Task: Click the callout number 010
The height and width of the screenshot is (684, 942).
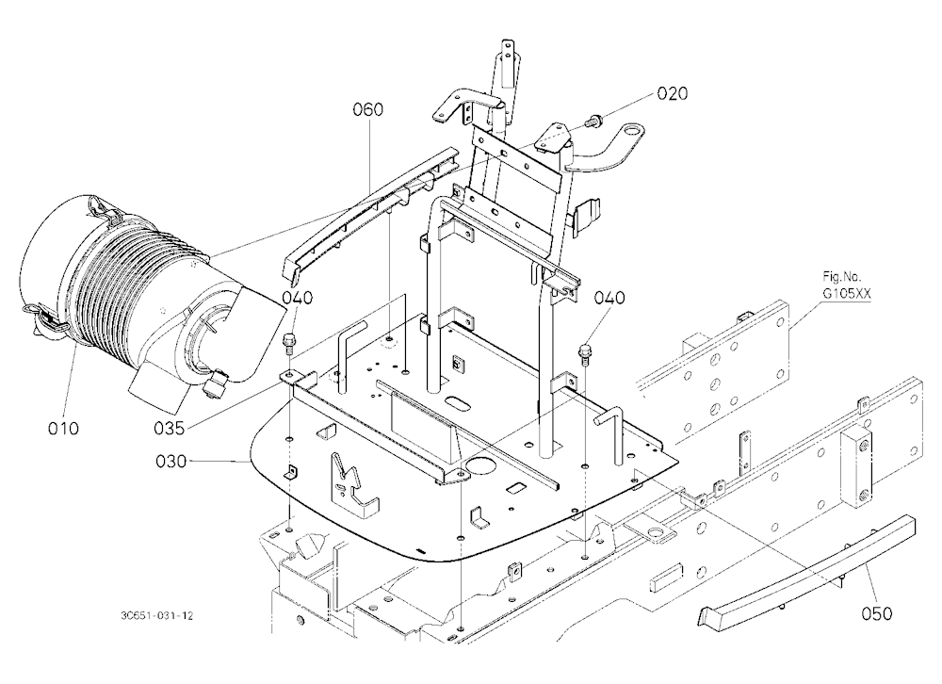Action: [63, 429]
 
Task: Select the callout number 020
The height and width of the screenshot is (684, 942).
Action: [673, 93]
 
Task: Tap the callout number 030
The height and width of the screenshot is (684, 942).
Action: [171, 462]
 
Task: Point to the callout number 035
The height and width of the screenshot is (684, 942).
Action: [170, 428]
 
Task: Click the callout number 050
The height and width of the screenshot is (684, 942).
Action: [876, 613]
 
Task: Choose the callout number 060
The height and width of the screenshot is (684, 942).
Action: [367, 109]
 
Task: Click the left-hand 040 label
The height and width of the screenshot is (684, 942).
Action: [298, 298]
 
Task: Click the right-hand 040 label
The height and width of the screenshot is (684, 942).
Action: [609, 298]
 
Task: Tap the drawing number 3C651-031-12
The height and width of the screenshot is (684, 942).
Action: [156, 616]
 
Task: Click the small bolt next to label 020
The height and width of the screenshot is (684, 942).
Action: [594, 121]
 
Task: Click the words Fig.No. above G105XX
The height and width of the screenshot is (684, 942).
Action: [841, 278]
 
